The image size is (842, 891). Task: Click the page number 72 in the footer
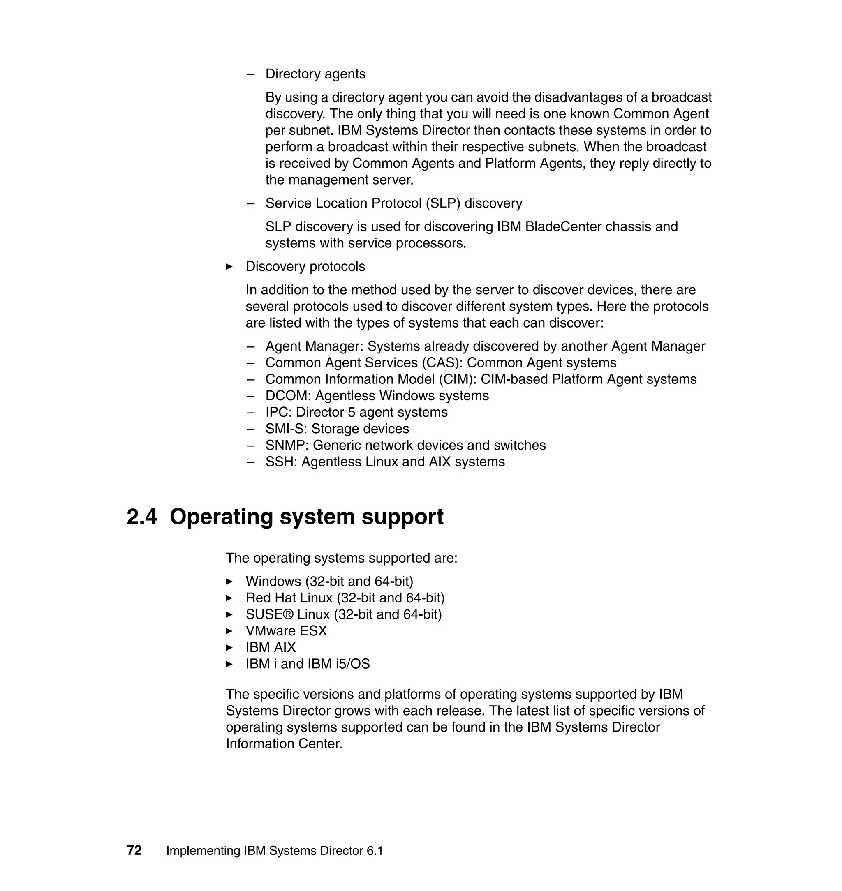[134, 851]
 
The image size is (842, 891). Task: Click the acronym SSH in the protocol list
[281, 462]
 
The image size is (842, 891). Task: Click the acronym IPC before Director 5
[278, 412]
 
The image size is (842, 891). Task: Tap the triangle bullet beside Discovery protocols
[229, 266]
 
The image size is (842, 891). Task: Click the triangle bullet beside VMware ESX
[229, 631]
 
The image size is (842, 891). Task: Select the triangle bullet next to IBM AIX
[229, 647]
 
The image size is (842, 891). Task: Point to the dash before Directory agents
[250, 74]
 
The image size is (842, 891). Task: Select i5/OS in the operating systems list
[352, 664]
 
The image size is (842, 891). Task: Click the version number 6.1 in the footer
[374, 851]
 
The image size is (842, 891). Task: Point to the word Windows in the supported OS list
[273, 582]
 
